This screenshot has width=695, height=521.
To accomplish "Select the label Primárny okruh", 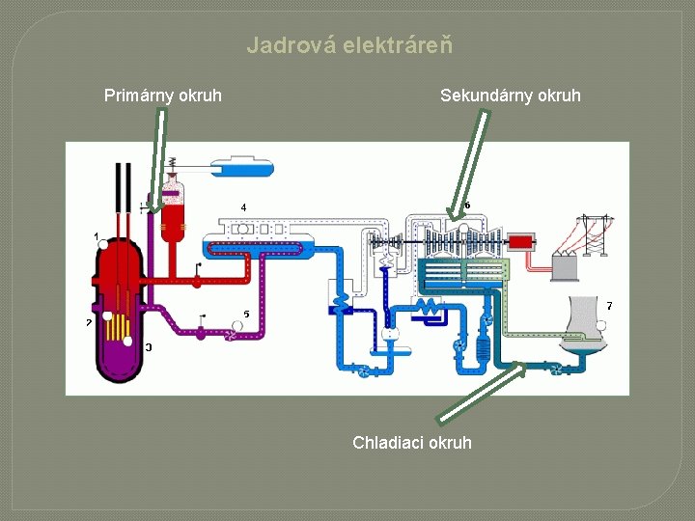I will coord(162,95).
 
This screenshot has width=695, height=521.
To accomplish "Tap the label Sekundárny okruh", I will coord(510,95).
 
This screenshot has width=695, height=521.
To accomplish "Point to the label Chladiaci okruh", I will coord(412,442).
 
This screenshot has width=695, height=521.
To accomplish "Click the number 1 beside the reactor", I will coord(96,235).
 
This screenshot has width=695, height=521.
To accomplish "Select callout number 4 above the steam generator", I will coord(243,207).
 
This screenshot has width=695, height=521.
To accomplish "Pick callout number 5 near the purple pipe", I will coord(246,315).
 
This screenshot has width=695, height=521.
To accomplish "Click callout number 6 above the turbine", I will coord(467,205).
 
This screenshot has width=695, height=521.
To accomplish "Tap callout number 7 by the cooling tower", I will coord(608,306).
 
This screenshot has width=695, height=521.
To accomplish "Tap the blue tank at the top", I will coord(242,166).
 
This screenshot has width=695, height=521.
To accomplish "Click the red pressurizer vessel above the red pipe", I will coord(173,207).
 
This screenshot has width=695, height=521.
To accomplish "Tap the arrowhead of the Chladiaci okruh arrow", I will coord(521,366).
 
